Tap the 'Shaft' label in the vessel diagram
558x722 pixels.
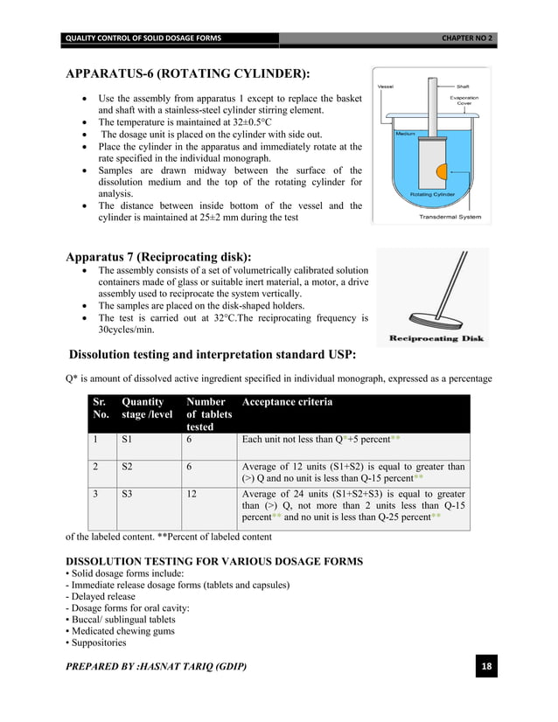(x=463, y=87)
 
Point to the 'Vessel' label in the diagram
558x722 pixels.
(x=385, y=87)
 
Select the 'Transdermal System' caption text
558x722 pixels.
(x=450, y=216)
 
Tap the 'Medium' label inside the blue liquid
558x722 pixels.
(x=405, y=134)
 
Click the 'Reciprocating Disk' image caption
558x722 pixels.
(x=432, y=338)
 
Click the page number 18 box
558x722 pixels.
(x=486, y=669)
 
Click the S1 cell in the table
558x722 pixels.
(x=128, y=441)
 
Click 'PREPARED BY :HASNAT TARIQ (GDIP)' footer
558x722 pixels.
(x=157, y=668)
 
